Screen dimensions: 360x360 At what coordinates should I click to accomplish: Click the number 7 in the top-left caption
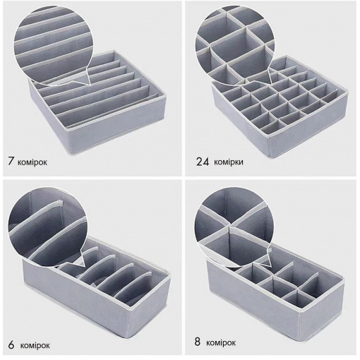[11, 161]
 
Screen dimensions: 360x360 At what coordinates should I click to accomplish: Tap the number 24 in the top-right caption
[203, 162]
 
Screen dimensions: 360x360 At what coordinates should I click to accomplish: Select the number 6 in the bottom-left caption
[11, 344]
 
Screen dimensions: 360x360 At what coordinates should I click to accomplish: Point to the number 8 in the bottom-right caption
[198, 342]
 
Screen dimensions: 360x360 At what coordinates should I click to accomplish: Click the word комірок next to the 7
[32, 162]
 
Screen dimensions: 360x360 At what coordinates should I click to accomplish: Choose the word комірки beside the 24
[229, 162]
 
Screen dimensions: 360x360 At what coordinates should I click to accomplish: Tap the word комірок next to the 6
[35, 346]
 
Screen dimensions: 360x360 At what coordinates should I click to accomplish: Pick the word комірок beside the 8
[221, 343]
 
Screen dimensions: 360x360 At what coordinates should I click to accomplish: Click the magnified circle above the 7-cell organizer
[52, 45]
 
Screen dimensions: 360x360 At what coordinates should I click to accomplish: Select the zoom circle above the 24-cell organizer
[235, 45]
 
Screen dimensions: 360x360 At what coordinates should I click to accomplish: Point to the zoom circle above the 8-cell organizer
[234, 227]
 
